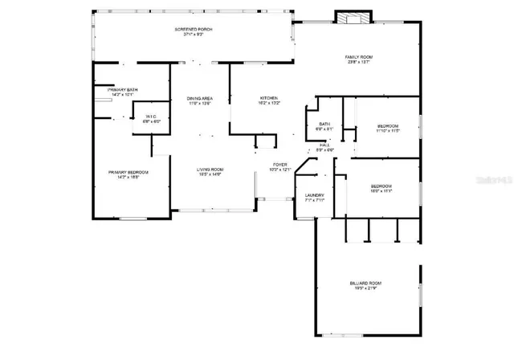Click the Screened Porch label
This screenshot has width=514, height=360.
(x=194, y=29)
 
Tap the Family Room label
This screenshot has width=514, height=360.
(x=359, y=56)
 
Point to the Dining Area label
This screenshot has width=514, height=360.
(x=199, y=97)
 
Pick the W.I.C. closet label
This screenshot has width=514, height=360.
(x=150, y=117)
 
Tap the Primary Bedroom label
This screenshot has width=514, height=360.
(x=128, y=172)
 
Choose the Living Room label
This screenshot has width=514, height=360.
(x=210, y=170)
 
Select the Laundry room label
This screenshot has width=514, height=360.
(x=314, y=194)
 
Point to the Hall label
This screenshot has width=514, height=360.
(x=324, y=145)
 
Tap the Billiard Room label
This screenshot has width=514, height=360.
(x=365, y=283)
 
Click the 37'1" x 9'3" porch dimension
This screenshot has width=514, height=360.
(x=194, y=35)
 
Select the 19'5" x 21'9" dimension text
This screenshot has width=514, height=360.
(x=365, y=288)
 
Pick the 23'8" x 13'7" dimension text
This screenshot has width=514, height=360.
(x=359, y=62)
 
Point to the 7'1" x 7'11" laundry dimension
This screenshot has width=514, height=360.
(x=314, y=200)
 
